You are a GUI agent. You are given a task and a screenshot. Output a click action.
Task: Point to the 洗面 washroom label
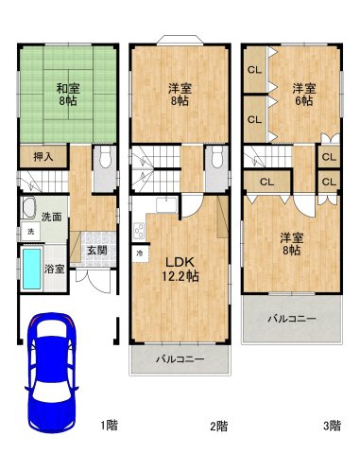(53, 216)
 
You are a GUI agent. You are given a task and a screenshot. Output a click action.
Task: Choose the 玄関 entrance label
(96, 252)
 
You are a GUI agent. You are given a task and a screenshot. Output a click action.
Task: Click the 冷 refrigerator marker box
(139, 253)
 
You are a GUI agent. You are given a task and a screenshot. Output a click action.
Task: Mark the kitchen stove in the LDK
(139, 230)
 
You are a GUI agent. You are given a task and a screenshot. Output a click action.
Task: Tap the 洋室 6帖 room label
(302, 95)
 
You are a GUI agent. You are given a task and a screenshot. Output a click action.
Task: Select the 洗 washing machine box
(30, 232)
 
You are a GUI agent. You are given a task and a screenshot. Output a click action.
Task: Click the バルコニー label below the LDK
(180, 360)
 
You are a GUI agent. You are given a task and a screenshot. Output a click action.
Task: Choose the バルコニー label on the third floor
(290, 320)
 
